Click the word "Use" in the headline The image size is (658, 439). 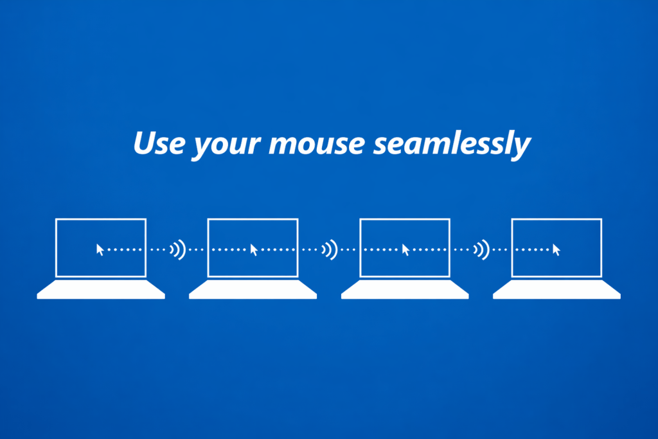pos(159,143)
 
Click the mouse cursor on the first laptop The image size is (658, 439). pos(100,250)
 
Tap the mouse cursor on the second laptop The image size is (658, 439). pos(253,250)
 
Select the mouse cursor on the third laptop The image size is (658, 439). pos(405,250)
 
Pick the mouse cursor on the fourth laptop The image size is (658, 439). pos(556,250)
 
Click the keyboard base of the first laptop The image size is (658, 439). pos(101,290)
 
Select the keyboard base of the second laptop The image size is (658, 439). pos(253,290)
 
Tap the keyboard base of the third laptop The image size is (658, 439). pos(405,290)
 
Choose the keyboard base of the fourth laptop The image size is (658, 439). pos(557,290)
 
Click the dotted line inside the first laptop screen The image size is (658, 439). pos(125,250)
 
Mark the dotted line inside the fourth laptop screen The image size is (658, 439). pos(532,250)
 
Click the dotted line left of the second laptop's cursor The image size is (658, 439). pos(229,250)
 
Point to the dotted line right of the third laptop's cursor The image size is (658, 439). pos(430,250)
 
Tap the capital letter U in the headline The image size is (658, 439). pos(145,143)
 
